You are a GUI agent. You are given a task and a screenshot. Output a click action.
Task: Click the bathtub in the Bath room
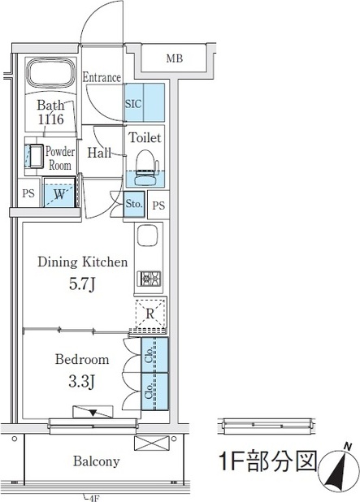[x=50, y=72]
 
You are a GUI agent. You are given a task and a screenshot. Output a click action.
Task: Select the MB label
[x=175, y=58]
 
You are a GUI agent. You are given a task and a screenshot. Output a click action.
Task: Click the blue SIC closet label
[x=133, y=104]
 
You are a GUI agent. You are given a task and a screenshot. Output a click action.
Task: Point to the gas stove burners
[x=149, y=279]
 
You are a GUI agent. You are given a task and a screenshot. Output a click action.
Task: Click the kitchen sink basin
[x=147, y=236]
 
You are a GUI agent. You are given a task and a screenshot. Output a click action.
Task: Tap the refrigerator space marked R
[x=150, y=314]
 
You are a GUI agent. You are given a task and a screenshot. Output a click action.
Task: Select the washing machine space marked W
[x=59, y=193]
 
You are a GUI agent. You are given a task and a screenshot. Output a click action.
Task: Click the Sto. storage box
[x=134, y=204]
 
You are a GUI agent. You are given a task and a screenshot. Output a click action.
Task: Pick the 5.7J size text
[x=82, y=284]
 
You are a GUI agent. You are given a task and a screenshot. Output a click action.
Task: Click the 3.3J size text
[x=82, y=382]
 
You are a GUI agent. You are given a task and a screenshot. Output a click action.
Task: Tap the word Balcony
[x=96, y=461]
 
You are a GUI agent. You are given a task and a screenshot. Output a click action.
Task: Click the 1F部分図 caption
[x=267, y=461]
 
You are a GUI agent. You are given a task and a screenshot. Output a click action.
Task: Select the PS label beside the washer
[x=28, y=193]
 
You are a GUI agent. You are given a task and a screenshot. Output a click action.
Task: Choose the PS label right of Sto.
[x=158, y=206]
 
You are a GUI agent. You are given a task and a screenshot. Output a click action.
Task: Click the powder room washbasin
[x=36, y=156]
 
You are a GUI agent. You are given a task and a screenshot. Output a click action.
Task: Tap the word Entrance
[x=102, y=77]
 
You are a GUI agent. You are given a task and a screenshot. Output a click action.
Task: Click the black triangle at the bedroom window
[x=93, y=413]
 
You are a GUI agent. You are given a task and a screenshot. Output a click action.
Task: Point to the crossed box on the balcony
[x=151, y=444]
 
